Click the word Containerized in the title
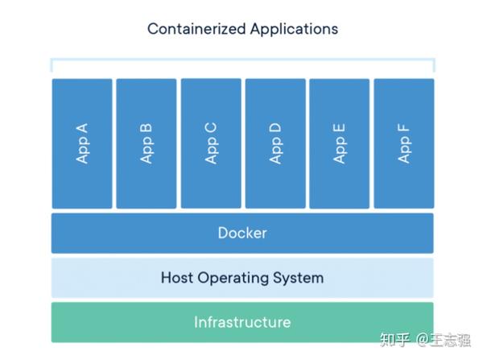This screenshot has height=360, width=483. click(196, 29)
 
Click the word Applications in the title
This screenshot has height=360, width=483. click(294, 30)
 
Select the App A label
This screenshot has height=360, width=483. click(82, 143)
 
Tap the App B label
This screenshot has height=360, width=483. click(147, 143)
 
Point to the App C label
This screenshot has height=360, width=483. click(211, 143)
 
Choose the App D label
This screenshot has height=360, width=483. click(275, 143)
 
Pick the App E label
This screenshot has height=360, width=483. click(340, 143)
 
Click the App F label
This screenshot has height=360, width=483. click(404, 143)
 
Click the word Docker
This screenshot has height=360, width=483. click(242, 233)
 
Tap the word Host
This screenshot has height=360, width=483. click(177, 277)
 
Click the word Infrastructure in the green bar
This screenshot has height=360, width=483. click(242, 322)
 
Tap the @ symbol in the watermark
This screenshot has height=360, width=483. click(422, 340)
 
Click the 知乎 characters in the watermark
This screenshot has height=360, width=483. click(395, 340)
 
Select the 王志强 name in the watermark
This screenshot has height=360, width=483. click(450, 340)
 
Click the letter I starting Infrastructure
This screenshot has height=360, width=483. click(196, 322)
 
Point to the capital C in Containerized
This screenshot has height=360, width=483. click(154, 29)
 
